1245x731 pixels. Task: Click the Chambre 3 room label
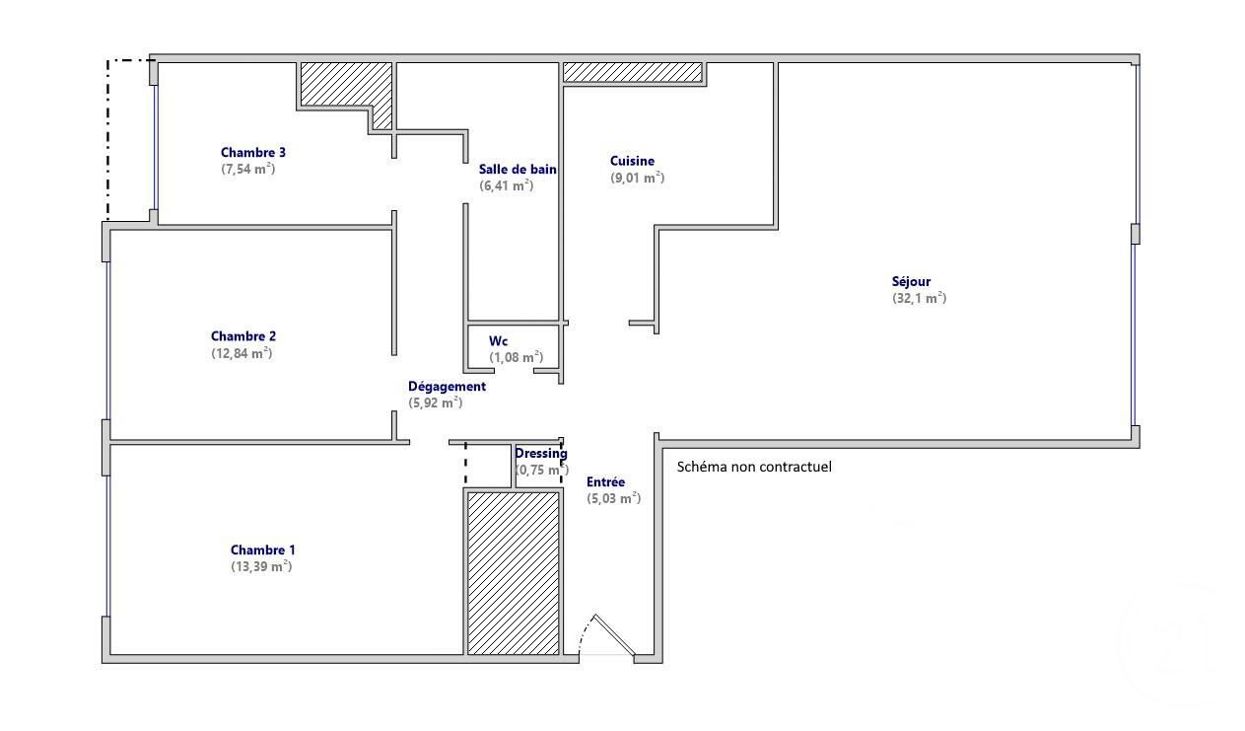pos(253,152)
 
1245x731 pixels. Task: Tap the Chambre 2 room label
pos(243,336)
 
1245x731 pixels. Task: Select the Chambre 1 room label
pos(263,549)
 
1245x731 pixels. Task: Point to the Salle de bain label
pos(518,169)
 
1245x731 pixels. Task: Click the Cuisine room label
pos(632,161)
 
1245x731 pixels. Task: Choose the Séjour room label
pos(911,281)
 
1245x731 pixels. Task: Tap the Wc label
pos(498,341)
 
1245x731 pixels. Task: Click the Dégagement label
pos(447,386)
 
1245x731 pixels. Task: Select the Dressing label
pos(541,454)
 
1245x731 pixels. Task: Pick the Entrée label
pos(605,481)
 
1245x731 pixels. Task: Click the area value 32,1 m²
pos(920,298)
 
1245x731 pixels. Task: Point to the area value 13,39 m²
pos(262,566)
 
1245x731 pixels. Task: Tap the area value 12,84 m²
pos(242,353)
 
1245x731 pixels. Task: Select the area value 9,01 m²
pos(637,178)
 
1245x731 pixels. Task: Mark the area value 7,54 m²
pos(247,169)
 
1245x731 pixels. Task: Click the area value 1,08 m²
pos(516,357)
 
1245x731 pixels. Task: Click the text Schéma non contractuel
pos(754,467)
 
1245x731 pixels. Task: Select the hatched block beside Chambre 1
pos(513,573)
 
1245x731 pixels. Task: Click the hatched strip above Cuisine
pos(633,72)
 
